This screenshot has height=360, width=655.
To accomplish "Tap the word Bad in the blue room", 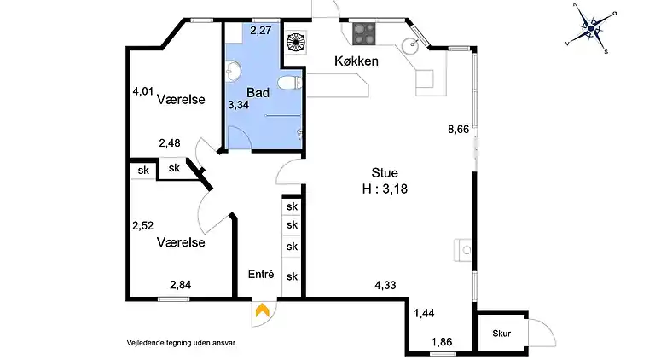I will [258, 92].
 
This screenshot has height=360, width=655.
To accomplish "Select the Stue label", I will [385, 173].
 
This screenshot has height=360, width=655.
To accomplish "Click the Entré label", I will [260, 275].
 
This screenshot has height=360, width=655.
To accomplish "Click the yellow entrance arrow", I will [263, 312].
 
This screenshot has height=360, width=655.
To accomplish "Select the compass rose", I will [590, 28].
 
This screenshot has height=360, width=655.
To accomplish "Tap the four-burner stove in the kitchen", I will [364, 33].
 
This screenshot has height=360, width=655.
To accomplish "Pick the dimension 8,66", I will [460, 130].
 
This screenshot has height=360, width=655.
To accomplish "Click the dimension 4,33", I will [385, 287].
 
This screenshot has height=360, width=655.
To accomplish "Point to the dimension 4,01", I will [143, 90].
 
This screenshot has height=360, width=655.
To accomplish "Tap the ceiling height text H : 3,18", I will [385, 189].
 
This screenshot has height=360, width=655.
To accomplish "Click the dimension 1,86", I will [442, 342].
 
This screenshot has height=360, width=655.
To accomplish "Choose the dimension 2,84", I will [181, 285].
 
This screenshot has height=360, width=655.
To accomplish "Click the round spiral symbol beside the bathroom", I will [296, 43].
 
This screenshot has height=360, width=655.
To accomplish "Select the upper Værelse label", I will [181, 100].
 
